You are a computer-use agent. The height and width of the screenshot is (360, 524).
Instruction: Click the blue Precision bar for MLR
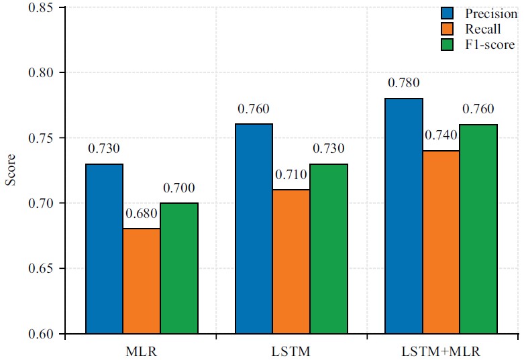104,249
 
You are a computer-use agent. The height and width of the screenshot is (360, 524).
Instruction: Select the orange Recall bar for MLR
142,281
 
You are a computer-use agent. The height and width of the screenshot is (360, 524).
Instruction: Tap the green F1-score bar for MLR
179,268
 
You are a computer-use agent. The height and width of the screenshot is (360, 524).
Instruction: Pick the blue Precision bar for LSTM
254,229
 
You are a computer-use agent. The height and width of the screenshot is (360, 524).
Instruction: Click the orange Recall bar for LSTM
291,261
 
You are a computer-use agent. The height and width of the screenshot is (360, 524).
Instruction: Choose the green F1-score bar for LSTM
329,249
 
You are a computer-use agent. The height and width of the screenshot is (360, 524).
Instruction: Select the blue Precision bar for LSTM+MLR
403,216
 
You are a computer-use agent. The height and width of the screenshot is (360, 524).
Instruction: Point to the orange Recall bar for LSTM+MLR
441,242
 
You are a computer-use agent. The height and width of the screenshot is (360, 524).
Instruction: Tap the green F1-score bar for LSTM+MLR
478,229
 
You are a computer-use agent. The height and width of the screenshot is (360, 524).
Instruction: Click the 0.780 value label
403,84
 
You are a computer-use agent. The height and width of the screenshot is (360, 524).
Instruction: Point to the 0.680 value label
142,214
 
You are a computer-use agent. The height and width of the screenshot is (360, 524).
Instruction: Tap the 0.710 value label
291,175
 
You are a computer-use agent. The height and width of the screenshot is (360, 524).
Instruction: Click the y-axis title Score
11,171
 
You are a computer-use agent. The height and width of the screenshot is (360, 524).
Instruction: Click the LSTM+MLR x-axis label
441,351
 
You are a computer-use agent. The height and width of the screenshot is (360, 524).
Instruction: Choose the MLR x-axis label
142,351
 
